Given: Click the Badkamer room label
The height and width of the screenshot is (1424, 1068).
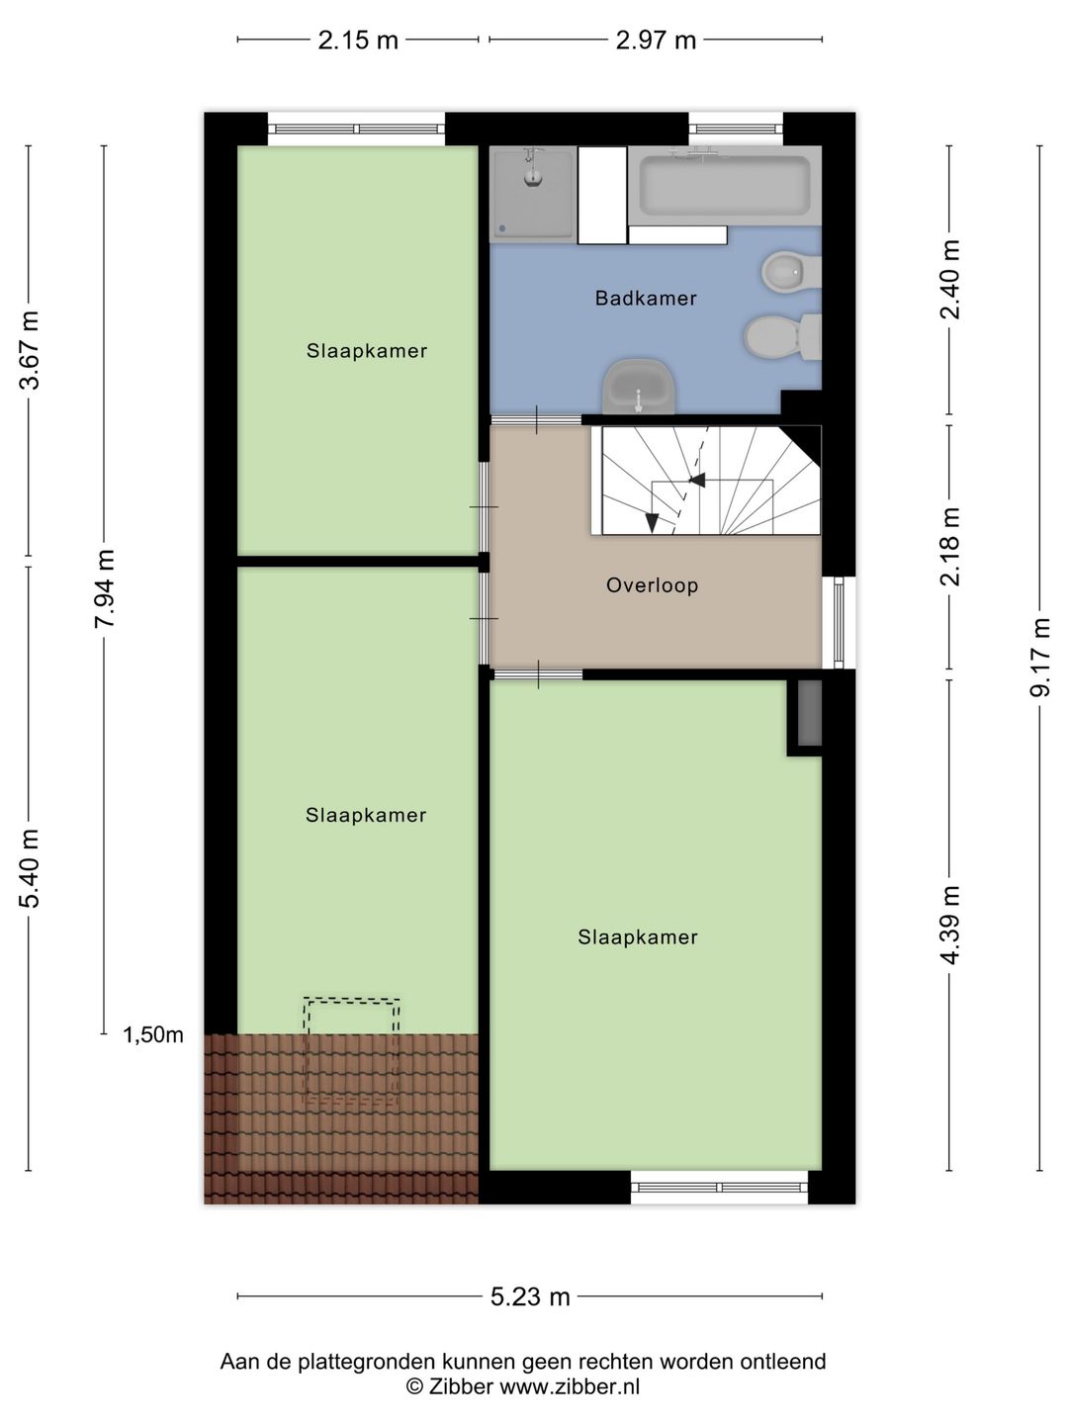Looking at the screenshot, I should (x=646, y=298).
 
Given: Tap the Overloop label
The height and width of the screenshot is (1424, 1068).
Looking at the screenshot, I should (x=652, y=585).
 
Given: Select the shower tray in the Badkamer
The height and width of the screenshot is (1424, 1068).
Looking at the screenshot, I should (x=533, y=193).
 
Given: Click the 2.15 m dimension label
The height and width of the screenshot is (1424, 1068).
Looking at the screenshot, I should (x=358, y=40).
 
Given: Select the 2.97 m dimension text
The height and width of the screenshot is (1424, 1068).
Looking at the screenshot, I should (x=656, y=40).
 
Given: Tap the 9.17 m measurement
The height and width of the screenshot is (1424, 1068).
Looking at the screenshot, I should (x=1039, y=658).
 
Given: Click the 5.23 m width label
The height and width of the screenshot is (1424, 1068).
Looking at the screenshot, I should (x=530, y=1296).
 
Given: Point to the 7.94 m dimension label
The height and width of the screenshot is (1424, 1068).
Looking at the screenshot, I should (x=105, y=588).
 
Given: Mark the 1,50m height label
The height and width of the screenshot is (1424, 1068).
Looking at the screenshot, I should (x=153, y=1035).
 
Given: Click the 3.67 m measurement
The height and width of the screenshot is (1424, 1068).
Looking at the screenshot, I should (x=30, y=350).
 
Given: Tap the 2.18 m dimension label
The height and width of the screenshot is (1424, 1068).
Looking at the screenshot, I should (x=950, y=547).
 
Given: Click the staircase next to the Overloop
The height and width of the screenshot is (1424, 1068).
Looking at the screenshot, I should (x=707, y=481).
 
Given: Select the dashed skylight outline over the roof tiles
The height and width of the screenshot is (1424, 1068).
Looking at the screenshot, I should (x=351, y=1051).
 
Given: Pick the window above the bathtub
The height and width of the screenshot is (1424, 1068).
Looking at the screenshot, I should (x=735, y=128).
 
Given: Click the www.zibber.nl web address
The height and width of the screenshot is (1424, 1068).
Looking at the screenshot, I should (x=569, y=1387).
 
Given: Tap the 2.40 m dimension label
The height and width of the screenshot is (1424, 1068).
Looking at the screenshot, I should (x=950, y=280).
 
